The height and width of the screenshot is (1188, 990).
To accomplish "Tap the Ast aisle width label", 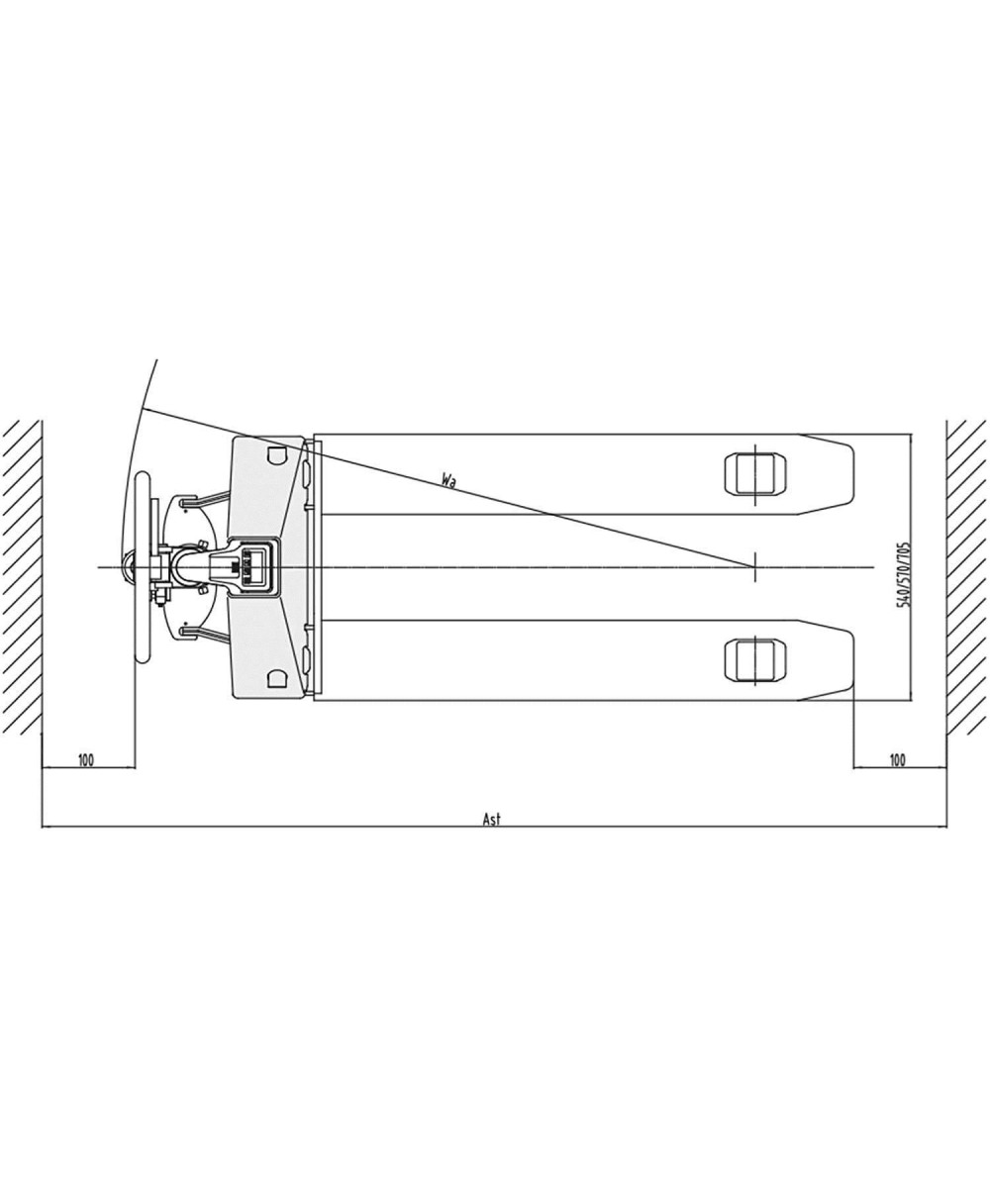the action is click(492, 819).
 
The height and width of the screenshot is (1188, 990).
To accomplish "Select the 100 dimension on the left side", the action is click(86, 760).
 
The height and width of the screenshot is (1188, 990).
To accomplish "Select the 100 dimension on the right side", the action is click(897, 760).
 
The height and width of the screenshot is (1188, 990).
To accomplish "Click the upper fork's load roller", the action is click(756, 473).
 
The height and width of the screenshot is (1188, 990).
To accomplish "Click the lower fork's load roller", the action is click(756, 660).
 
